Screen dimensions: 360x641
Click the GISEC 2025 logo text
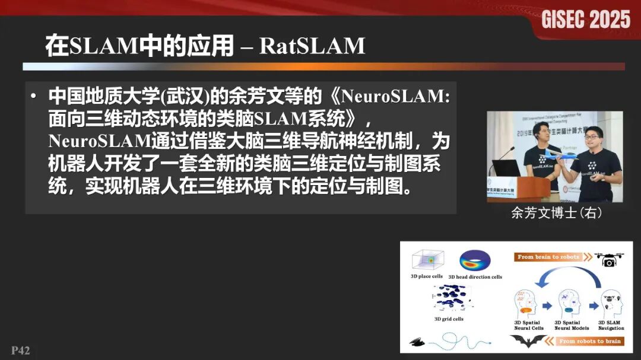click(586, 20)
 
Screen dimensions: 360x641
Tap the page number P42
click(20, 350)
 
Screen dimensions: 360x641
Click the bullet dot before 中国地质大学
click(34, 95)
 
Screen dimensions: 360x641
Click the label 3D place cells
click(427, 276)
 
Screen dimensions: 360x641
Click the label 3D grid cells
click(449, 319)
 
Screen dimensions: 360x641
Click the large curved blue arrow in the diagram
click(569, 276)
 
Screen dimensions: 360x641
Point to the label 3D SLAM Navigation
click(611, 326)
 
